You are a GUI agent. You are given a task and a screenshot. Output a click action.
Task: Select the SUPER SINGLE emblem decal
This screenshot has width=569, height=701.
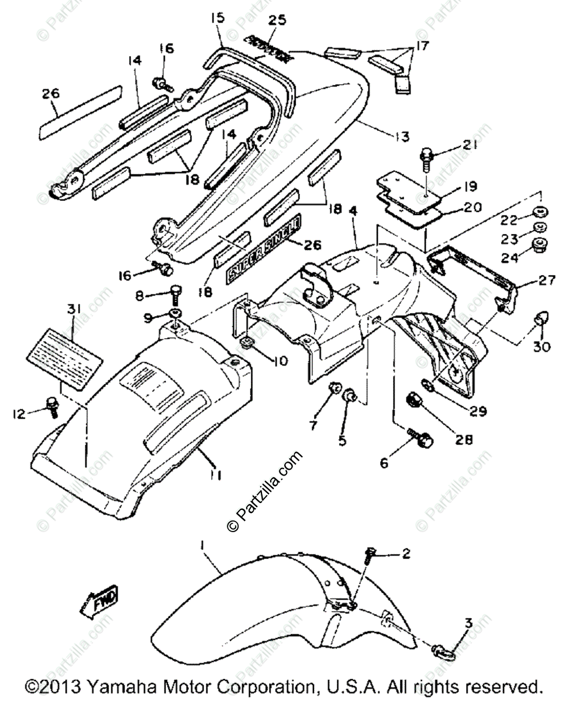pos(264,248)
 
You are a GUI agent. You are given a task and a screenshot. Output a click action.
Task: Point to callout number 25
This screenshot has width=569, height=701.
pos(277,20)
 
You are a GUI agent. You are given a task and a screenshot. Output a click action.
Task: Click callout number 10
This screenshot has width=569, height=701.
pos(280,362)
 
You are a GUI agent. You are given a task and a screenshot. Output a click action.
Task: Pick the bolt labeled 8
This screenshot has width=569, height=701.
pos(175,292)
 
